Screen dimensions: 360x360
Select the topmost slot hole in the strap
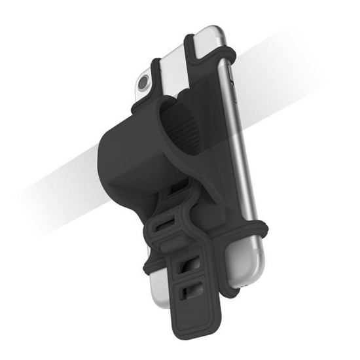(x=172, y=189)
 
